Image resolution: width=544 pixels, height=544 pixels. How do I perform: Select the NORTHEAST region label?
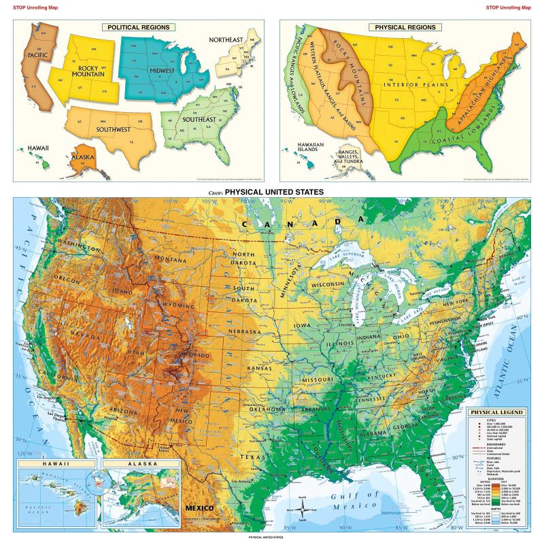(x=226, y=40)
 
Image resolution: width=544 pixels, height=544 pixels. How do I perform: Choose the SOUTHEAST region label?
(x=199, y=120)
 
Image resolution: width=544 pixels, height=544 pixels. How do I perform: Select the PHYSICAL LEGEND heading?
(x=497, y=413)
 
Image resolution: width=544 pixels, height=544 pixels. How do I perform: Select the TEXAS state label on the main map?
(x=253, y=458)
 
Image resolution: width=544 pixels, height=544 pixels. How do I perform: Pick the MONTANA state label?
(x=170, y=260)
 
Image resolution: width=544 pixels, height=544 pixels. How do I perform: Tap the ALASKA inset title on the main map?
(x=139, y=465)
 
